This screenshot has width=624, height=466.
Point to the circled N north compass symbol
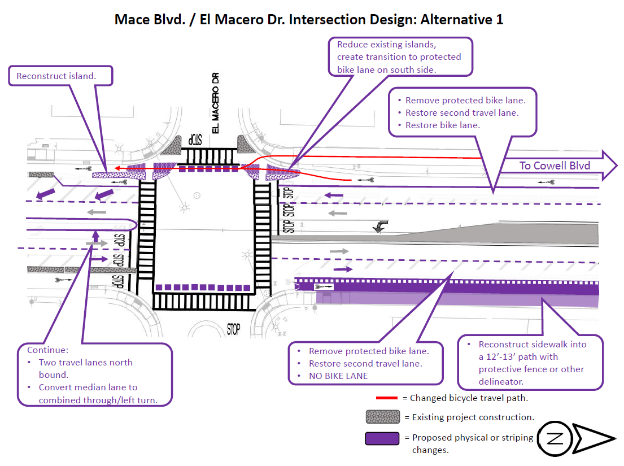554,438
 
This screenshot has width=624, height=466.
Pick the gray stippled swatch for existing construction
383,417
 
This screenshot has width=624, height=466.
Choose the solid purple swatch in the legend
383,438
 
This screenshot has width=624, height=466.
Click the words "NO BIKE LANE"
338,376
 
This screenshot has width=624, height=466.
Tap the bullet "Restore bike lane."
443,125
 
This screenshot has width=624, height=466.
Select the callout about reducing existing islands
400,57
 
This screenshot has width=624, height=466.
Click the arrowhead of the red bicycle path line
112,168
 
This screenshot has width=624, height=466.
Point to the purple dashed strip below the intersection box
203,288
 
